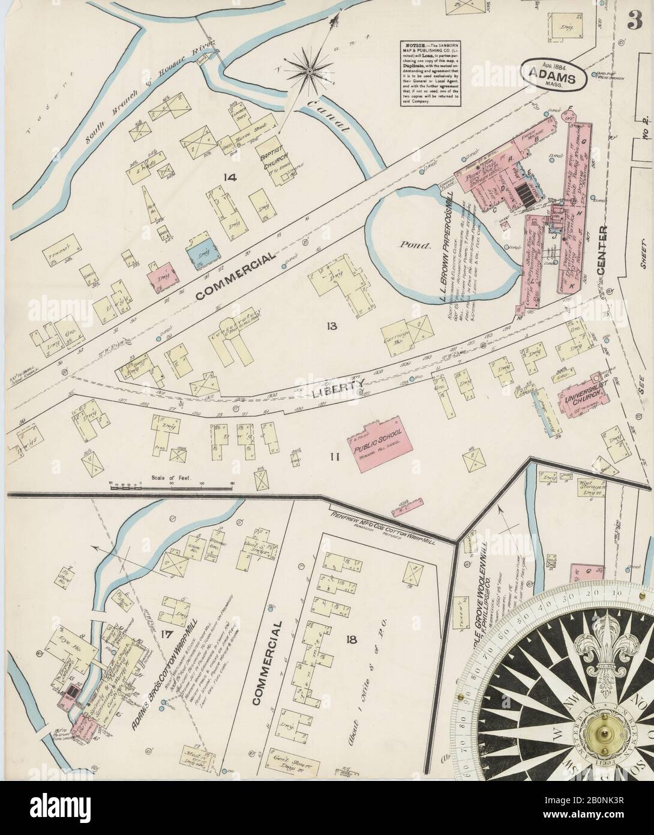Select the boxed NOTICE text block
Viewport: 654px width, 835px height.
coord(431,72)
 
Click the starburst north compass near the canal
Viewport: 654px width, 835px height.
coord(310,72)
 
